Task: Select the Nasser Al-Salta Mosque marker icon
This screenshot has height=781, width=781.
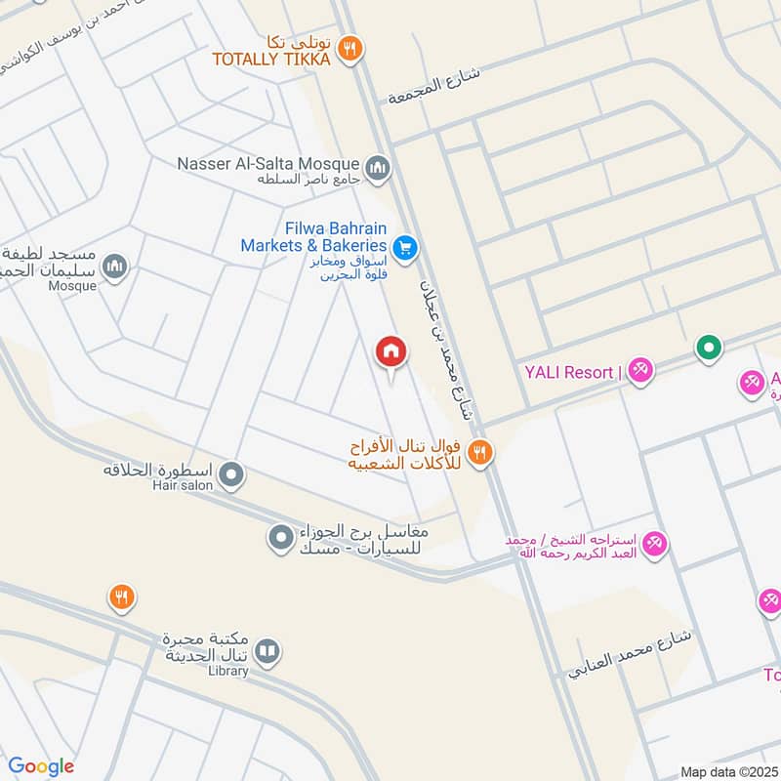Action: (379, 169)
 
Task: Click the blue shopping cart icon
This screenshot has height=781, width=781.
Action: (406, 248)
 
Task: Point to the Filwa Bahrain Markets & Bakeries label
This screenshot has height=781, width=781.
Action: (313, 235)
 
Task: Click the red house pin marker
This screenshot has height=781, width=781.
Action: (391, 350)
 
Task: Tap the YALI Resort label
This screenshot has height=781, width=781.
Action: (572, 372)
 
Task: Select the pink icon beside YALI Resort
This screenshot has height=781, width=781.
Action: (639, 372)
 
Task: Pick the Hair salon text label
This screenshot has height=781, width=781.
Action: (177, 485)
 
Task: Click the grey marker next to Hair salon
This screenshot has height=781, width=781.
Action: (231, 476)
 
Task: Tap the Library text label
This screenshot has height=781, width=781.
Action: (228, 671)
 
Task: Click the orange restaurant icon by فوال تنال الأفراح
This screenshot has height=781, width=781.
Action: (478, 452)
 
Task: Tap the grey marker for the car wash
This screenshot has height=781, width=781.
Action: (281, 538)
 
